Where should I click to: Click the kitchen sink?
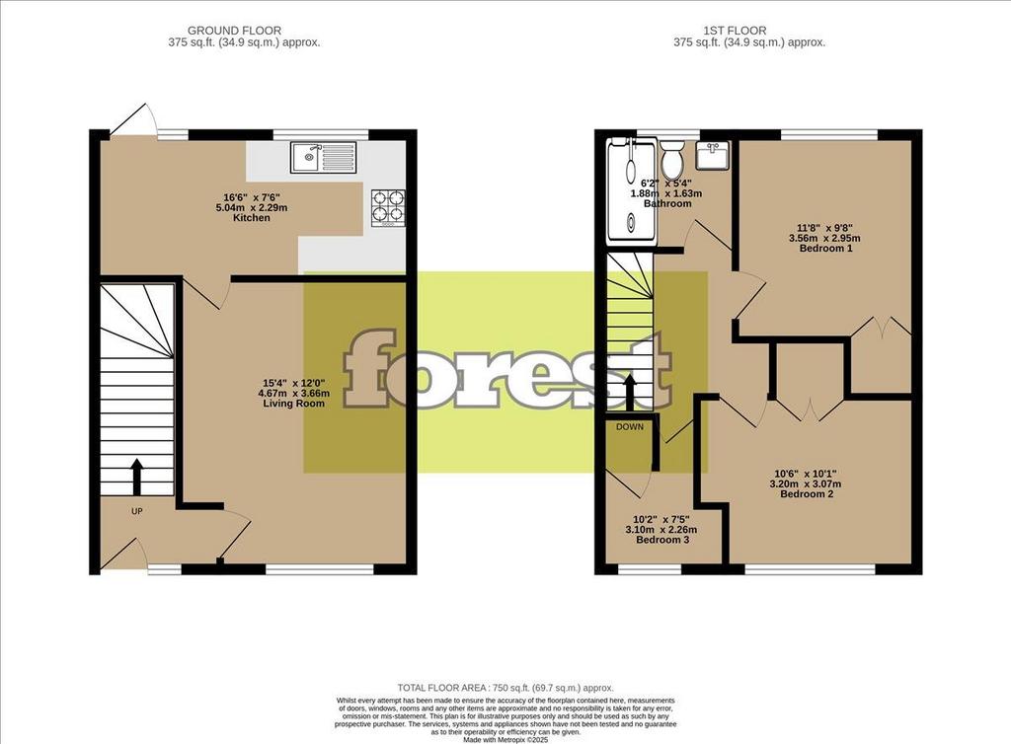coord(323,157)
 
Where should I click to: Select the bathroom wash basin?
coord(713,156)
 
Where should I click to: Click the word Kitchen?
coord(252,218)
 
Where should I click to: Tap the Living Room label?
coord(293,404)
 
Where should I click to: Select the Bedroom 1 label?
coord(826,248)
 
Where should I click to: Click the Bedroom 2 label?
coord(807,494)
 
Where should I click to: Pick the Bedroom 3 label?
coord(662,539)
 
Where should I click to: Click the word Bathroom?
coord(667,203)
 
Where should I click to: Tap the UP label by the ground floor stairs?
coord(136,511)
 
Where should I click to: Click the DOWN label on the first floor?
coord(629,427)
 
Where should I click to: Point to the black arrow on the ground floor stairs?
coord(136,478)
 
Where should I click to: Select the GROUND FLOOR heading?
coord(234,31)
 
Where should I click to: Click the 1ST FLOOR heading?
coord(735,31)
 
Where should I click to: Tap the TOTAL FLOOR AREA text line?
coord(505,688)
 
